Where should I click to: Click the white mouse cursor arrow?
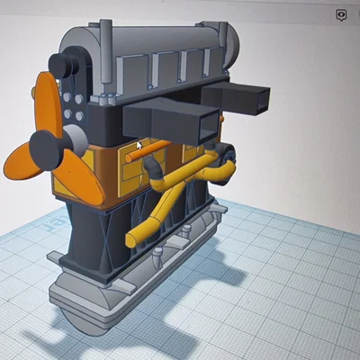pyautogui.click(x=139, y=144)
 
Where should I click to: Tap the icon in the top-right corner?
pyautogui.click(x=341, y=15)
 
